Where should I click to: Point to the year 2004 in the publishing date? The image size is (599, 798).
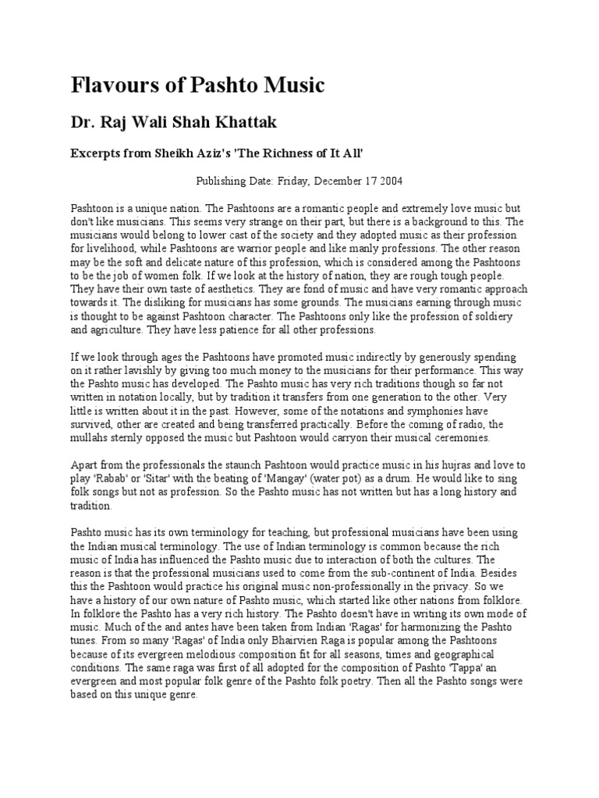(x=388, y=181)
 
